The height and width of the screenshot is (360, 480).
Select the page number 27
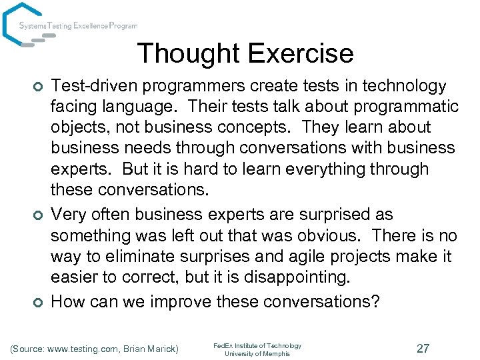[x=423, y=349]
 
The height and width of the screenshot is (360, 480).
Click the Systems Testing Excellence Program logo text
[x=78, y=26]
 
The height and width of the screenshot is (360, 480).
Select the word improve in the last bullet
[x=179, y=301]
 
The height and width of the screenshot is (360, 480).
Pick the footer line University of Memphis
[x=257, y=354]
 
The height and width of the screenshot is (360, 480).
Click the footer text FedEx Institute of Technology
[x=257, y=345]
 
